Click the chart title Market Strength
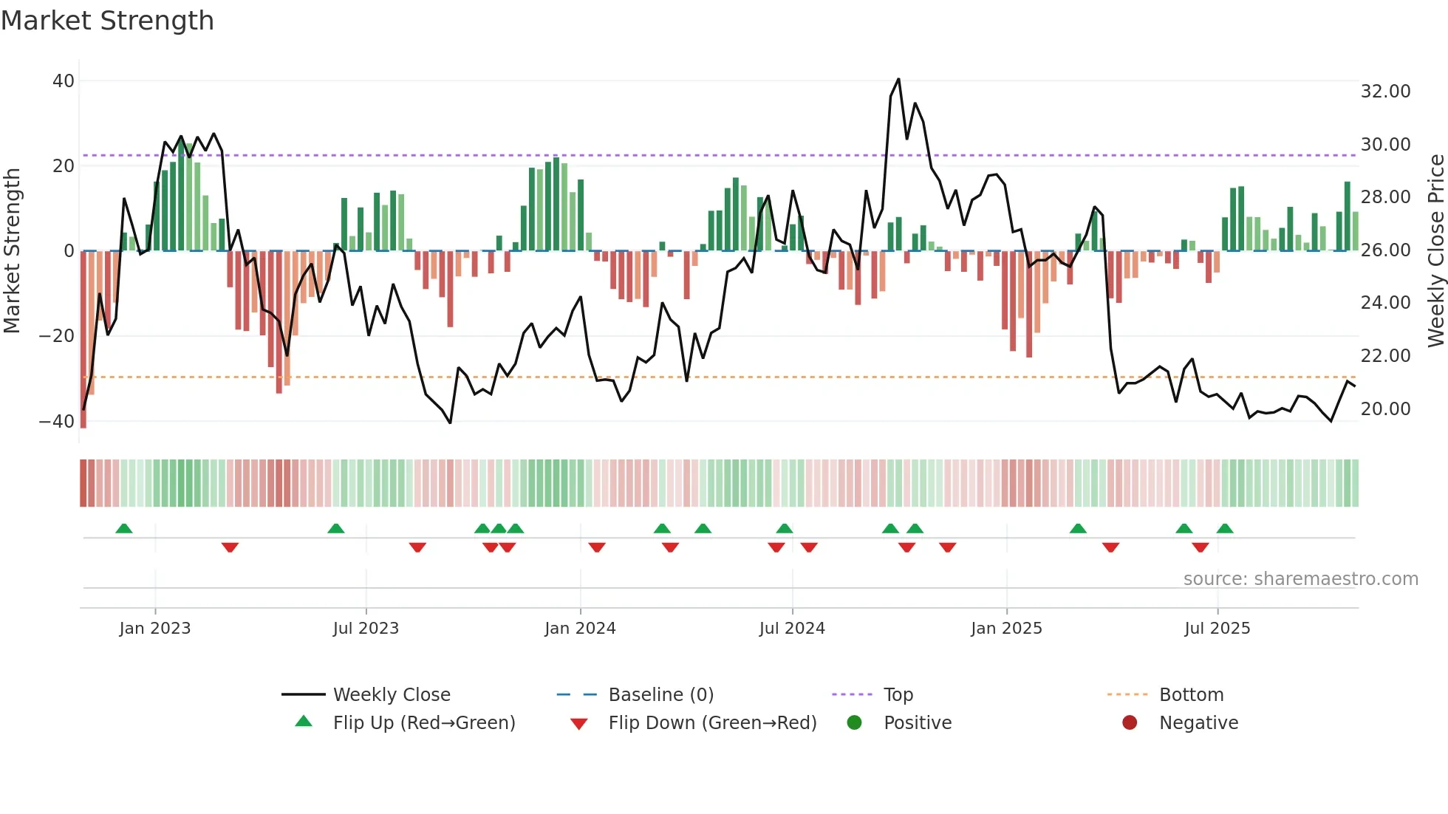[x=107, y=21]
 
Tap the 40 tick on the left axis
[x=64, y=81]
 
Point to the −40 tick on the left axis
[x=57, y=422]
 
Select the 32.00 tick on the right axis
[x=1385, y=92]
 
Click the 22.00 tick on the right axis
[x=1385, y=356]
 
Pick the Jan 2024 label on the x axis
[x=580, y=629]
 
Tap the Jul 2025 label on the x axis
[x=1217, y=629]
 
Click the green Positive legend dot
[x=855, y=723]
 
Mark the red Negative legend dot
[x=1130, y=723]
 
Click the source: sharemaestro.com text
[x=1300, y=579]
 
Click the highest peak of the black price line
[x=898, y=79]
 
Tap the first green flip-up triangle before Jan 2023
[x=124, y=528]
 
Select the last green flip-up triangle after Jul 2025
[x=1225, y=528]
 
